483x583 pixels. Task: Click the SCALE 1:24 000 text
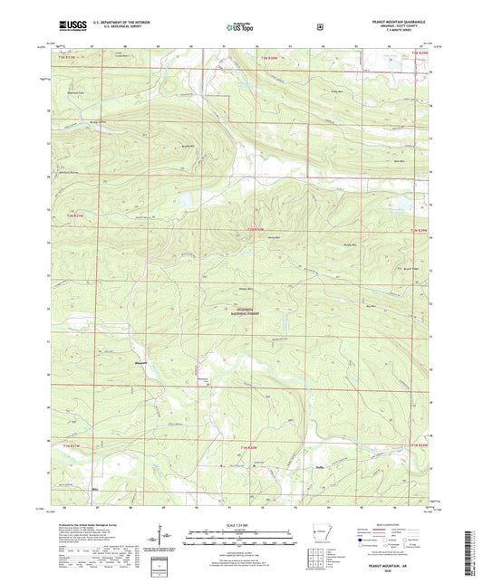240,523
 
